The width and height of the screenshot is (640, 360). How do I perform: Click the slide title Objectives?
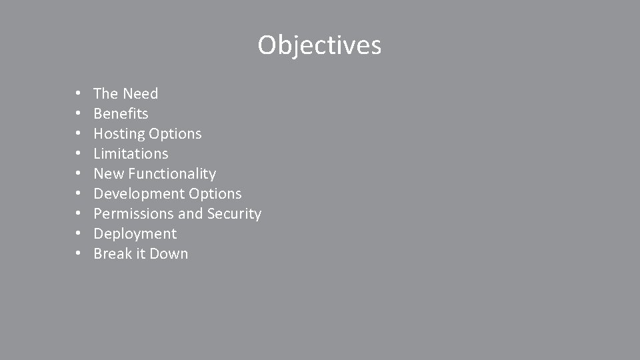pyautogui.click(x=319, y=45)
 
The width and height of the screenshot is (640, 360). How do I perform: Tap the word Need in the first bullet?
pyautogui.click(x=141, y=94)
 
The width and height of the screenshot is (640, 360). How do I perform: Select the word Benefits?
pyautogui.click(x=121, y=114)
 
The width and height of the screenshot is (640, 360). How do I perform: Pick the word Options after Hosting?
pyautogui.click(x=175, y=134)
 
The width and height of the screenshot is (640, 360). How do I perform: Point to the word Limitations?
pyautogui.click(x=131, y=154)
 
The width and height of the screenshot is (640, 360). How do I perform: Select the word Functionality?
pyautogui.click(x=172, y=174)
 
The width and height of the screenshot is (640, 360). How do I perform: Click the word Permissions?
pyautogui.click(x=133, y=214)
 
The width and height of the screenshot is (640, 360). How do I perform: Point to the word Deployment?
pyautogui.click(x=135, y=234)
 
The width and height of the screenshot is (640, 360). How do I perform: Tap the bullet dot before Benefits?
pyautogui.click(x=78, y=114)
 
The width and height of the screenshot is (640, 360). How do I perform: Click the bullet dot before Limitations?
pyautogui.click(x=78, y=154)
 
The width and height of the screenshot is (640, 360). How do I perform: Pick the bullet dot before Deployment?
pyautogui.click(x=78, y=234)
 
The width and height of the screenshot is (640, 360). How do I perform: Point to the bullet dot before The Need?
pyautogui.click(x=78, y=94)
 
